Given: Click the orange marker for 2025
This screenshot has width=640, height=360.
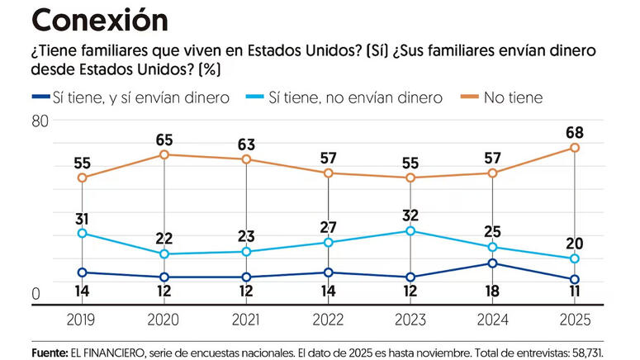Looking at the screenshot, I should (574, 148).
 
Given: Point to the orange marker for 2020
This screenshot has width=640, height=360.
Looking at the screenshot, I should (164, 154).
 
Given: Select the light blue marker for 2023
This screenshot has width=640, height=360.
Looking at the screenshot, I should (410, 230).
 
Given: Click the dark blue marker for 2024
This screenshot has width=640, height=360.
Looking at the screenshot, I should (492, 263).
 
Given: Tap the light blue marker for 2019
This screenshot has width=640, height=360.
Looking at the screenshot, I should (82, 234).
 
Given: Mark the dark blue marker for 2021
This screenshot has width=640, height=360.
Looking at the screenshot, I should (246, 277).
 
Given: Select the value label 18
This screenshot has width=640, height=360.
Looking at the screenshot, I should (492, 292).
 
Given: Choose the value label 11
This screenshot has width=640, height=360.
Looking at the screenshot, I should (574, 292).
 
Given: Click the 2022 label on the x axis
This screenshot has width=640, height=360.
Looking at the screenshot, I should (328, 320).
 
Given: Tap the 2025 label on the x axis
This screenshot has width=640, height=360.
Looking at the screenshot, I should (574, 320).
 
